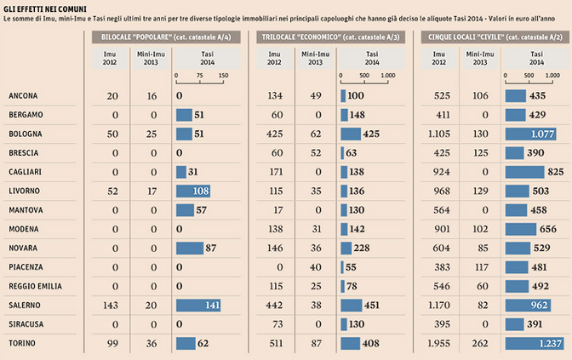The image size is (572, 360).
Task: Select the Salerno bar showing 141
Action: click(197, 306)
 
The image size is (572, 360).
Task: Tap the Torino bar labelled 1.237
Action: click(533, 344)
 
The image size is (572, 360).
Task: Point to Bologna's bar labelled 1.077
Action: click(530, 134)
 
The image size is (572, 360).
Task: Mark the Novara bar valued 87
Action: click(189, 248)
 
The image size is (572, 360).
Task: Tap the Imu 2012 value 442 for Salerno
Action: click(276, 306)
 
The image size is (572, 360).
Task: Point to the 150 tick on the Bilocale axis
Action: click(223, 75)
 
